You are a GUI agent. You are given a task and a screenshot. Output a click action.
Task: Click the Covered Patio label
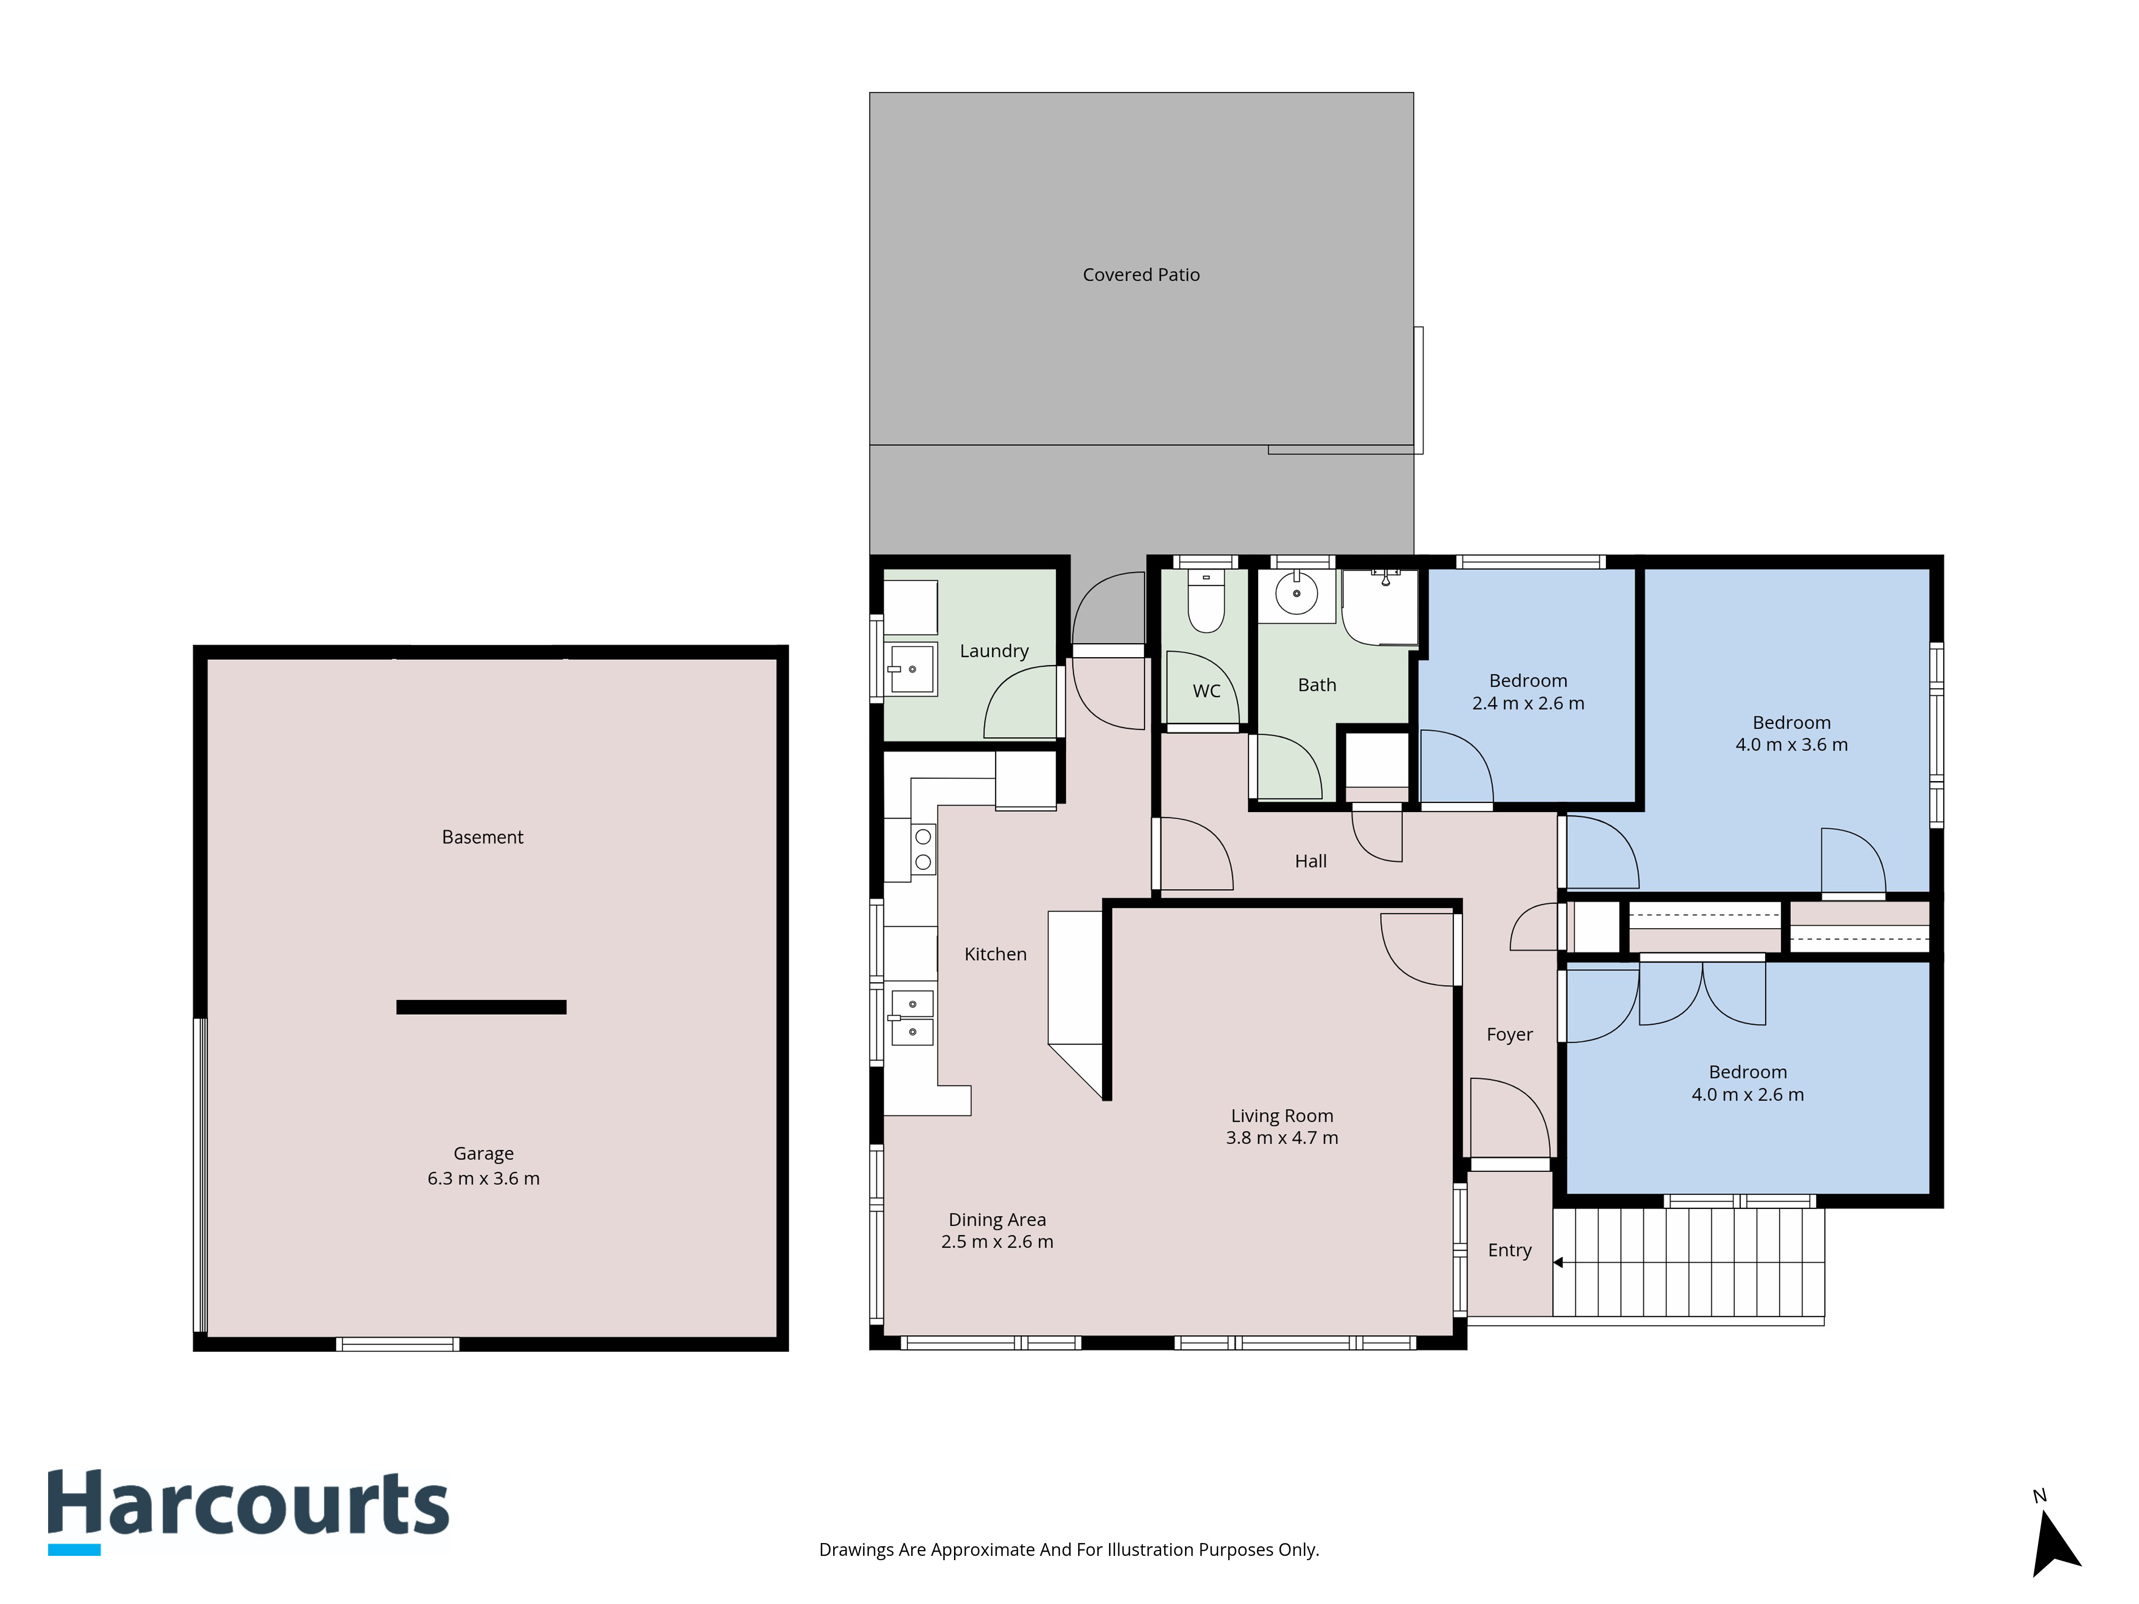pos(1141,275)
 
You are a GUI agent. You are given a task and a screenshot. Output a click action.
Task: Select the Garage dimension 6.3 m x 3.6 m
pos(483,1178)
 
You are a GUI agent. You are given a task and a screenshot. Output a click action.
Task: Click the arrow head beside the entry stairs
pos(1558,1263)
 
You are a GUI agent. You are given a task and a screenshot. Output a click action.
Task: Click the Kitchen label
pos(995,954)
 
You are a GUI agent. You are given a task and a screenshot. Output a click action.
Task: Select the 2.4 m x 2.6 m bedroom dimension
pos(1528,704)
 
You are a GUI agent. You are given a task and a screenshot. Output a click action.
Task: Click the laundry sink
pos(912,668)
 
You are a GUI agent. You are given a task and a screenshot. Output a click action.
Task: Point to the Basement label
pos(482,837)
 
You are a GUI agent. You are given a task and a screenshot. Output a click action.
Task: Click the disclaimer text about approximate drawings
pos(1068,1550)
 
